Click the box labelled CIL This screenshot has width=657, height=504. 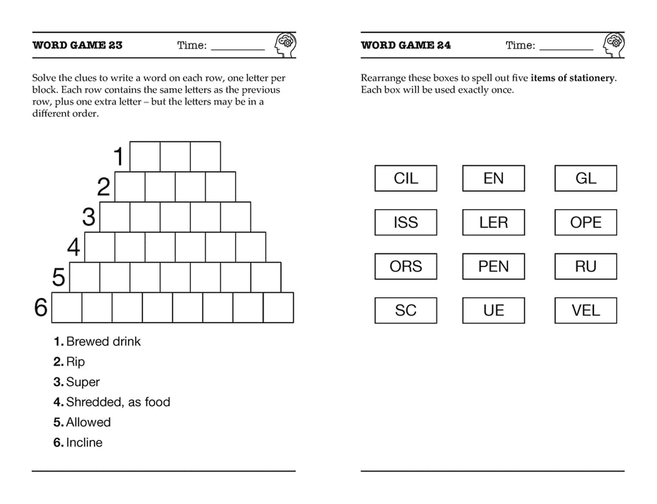click(405, 178)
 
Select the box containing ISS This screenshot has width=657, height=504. click(405, 222)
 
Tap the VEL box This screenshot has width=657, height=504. click(585, 311)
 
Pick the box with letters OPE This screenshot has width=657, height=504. click(585, 222)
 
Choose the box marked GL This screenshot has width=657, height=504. click(585, 178)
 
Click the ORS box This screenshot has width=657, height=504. click(405, 266)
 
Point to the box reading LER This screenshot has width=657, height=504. click(493, 222)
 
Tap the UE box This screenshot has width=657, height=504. click(493, 311)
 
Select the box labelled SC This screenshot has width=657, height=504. click(405, 311)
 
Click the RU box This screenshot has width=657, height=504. click(585, 266)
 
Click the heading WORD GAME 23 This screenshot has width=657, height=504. click(78, 45)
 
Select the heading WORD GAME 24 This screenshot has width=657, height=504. click(406, 45)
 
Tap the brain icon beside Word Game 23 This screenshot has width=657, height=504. click(285, 45)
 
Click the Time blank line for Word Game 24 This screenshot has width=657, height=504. click(566, 49)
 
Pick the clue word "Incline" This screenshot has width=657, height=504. click(84, 442)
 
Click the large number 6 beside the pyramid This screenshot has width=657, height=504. click(41, 307)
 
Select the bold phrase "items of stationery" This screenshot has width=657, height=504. click(573, 78)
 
